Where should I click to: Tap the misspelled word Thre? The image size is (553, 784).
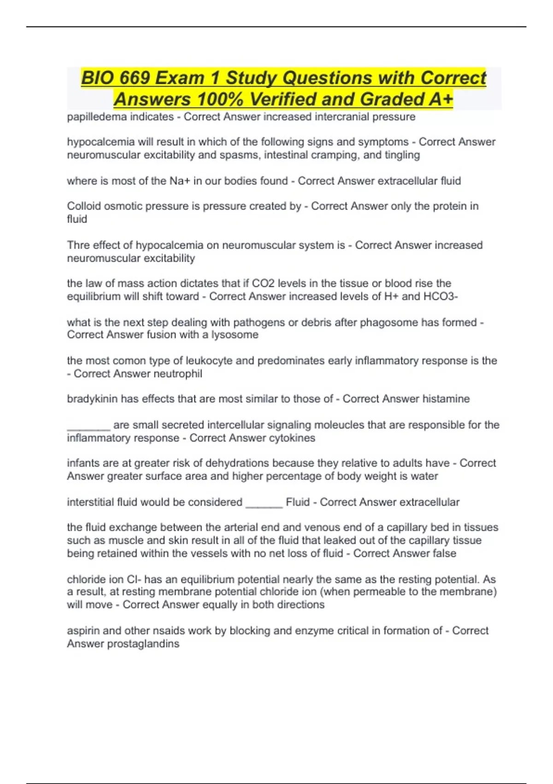(x=78, y=245)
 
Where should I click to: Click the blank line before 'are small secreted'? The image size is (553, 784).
(x=88, y=427)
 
